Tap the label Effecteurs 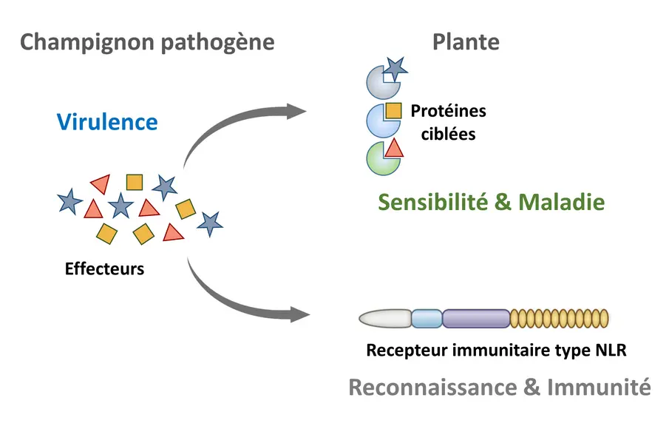click(104, 269)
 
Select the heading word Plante click(466, 42)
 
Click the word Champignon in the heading click(87, 43)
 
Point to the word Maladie click(562, 202)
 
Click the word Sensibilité click(433, 202)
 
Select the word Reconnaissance click(432, 388)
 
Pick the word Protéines click(449, 111)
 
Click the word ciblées click(449, 134)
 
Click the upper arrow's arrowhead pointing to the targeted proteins click(296, 112)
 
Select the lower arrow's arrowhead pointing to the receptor click(300, 315)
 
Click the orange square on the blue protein click(393, 111)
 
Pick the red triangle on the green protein click(394, 149)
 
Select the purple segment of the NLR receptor click(476, 319)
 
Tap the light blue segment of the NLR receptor click(427, 319)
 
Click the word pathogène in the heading click(218, 43)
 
